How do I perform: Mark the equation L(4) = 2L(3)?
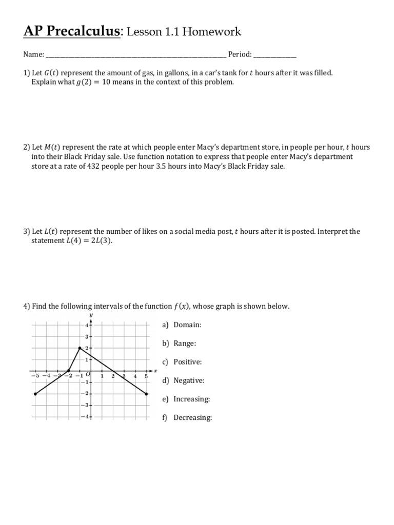pos(88,240)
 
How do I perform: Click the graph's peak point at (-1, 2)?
pos(80,348)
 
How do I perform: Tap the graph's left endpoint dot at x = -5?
pos(35,394)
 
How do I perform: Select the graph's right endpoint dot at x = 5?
pos(147,394)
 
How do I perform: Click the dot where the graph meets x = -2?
pos(69,371)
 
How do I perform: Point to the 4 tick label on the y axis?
pos(87,326)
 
